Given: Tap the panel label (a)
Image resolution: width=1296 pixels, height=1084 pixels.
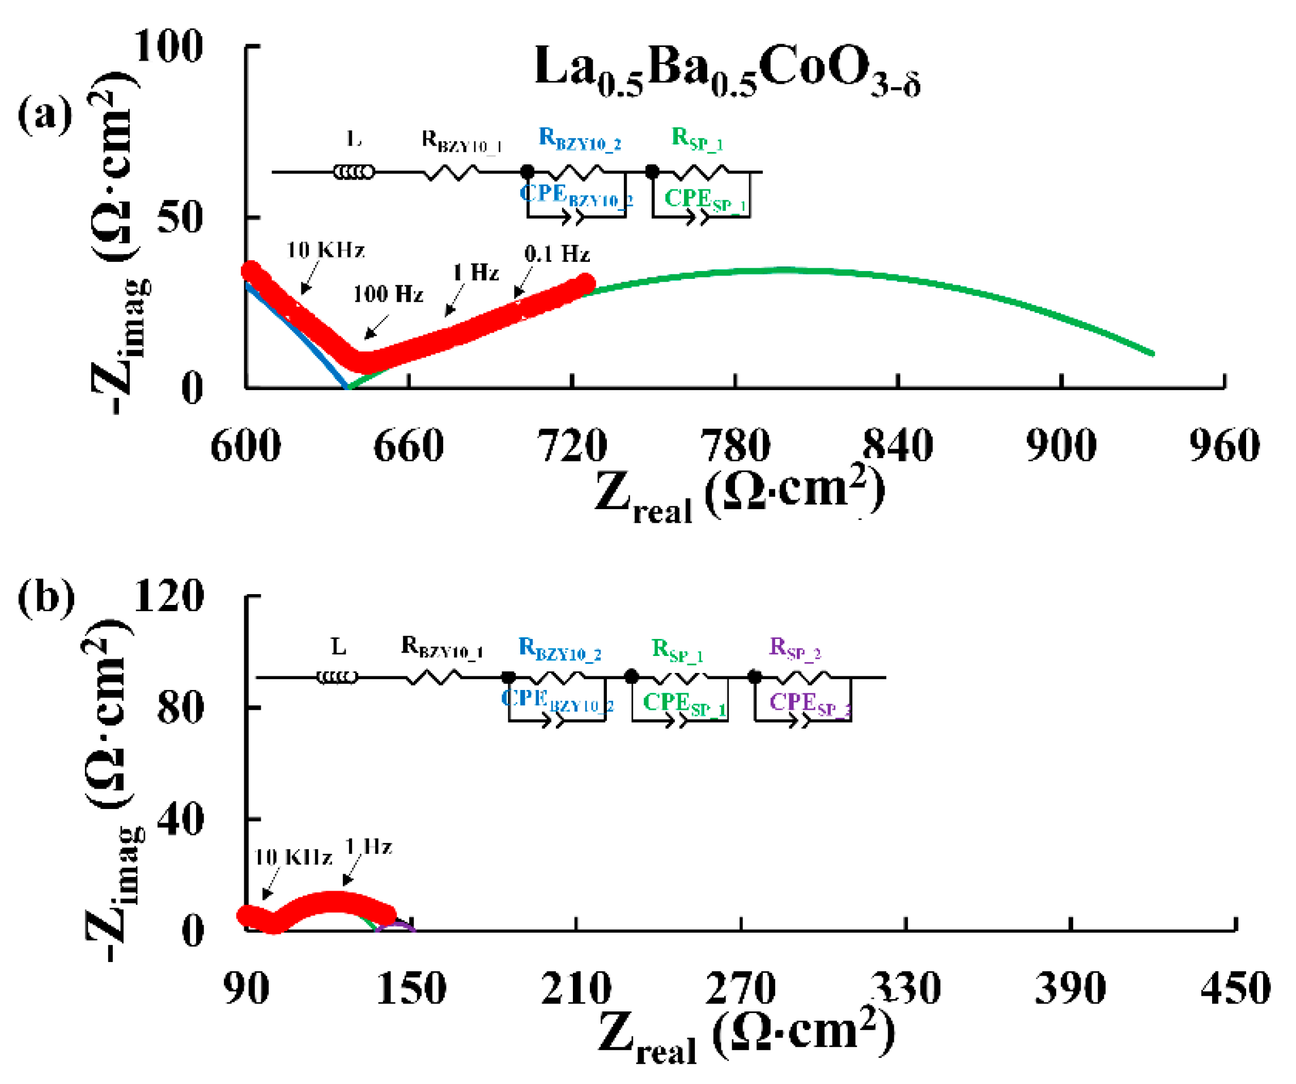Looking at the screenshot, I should point(44,114).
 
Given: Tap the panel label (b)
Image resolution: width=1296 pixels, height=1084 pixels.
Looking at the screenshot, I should point(46,597).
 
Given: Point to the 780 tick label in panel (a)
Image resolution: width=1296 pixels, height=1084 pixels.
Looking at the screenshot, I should point(734,446).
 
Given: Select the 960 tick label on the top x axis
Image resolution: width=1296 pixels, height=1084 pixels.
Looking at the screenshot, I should point(1224,446).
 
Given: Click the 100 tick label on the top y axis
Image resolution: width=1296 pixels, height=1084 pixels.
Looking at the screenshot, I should point(168,46).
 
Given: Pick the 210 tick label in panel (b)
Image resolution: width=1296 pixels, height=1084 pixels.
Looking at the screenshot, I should point(575,988).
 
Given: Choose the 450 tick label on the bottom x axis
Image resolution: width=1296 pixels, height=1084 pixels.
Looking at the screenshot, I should point(1235,988).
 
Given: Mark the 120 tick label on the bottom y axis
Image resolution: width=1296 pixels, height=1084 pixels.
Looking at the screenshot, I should point(168,596).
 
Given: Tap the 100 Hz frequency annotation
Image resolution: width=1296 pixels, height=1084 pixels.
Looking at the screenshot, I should point(388,294).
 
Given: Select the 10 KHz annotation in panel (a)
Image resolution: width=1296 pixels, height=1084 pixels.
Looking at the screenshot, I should point(325,250).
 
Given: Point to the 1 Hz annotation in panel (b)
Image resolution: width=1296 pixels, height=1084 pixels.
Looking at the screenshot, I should point(368,846).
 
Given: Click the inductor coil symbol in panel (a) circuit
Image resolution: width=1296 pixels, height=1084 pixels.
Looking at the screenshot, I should point(354,172).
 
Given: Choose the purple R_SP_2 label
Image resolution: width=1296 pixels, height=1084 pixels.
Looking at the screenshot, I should point(794,648).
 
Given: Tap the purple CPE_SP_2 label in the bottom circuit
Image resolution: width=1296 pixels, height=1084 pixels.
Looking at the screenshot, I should point(809,703).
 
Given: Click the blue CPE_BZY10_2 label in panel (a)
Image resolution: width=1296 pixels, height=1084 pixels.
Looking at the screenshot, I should point(576,195).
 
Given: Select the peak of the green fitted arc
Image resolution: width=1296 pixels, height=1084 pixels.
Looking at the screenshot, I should point(783,270).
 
